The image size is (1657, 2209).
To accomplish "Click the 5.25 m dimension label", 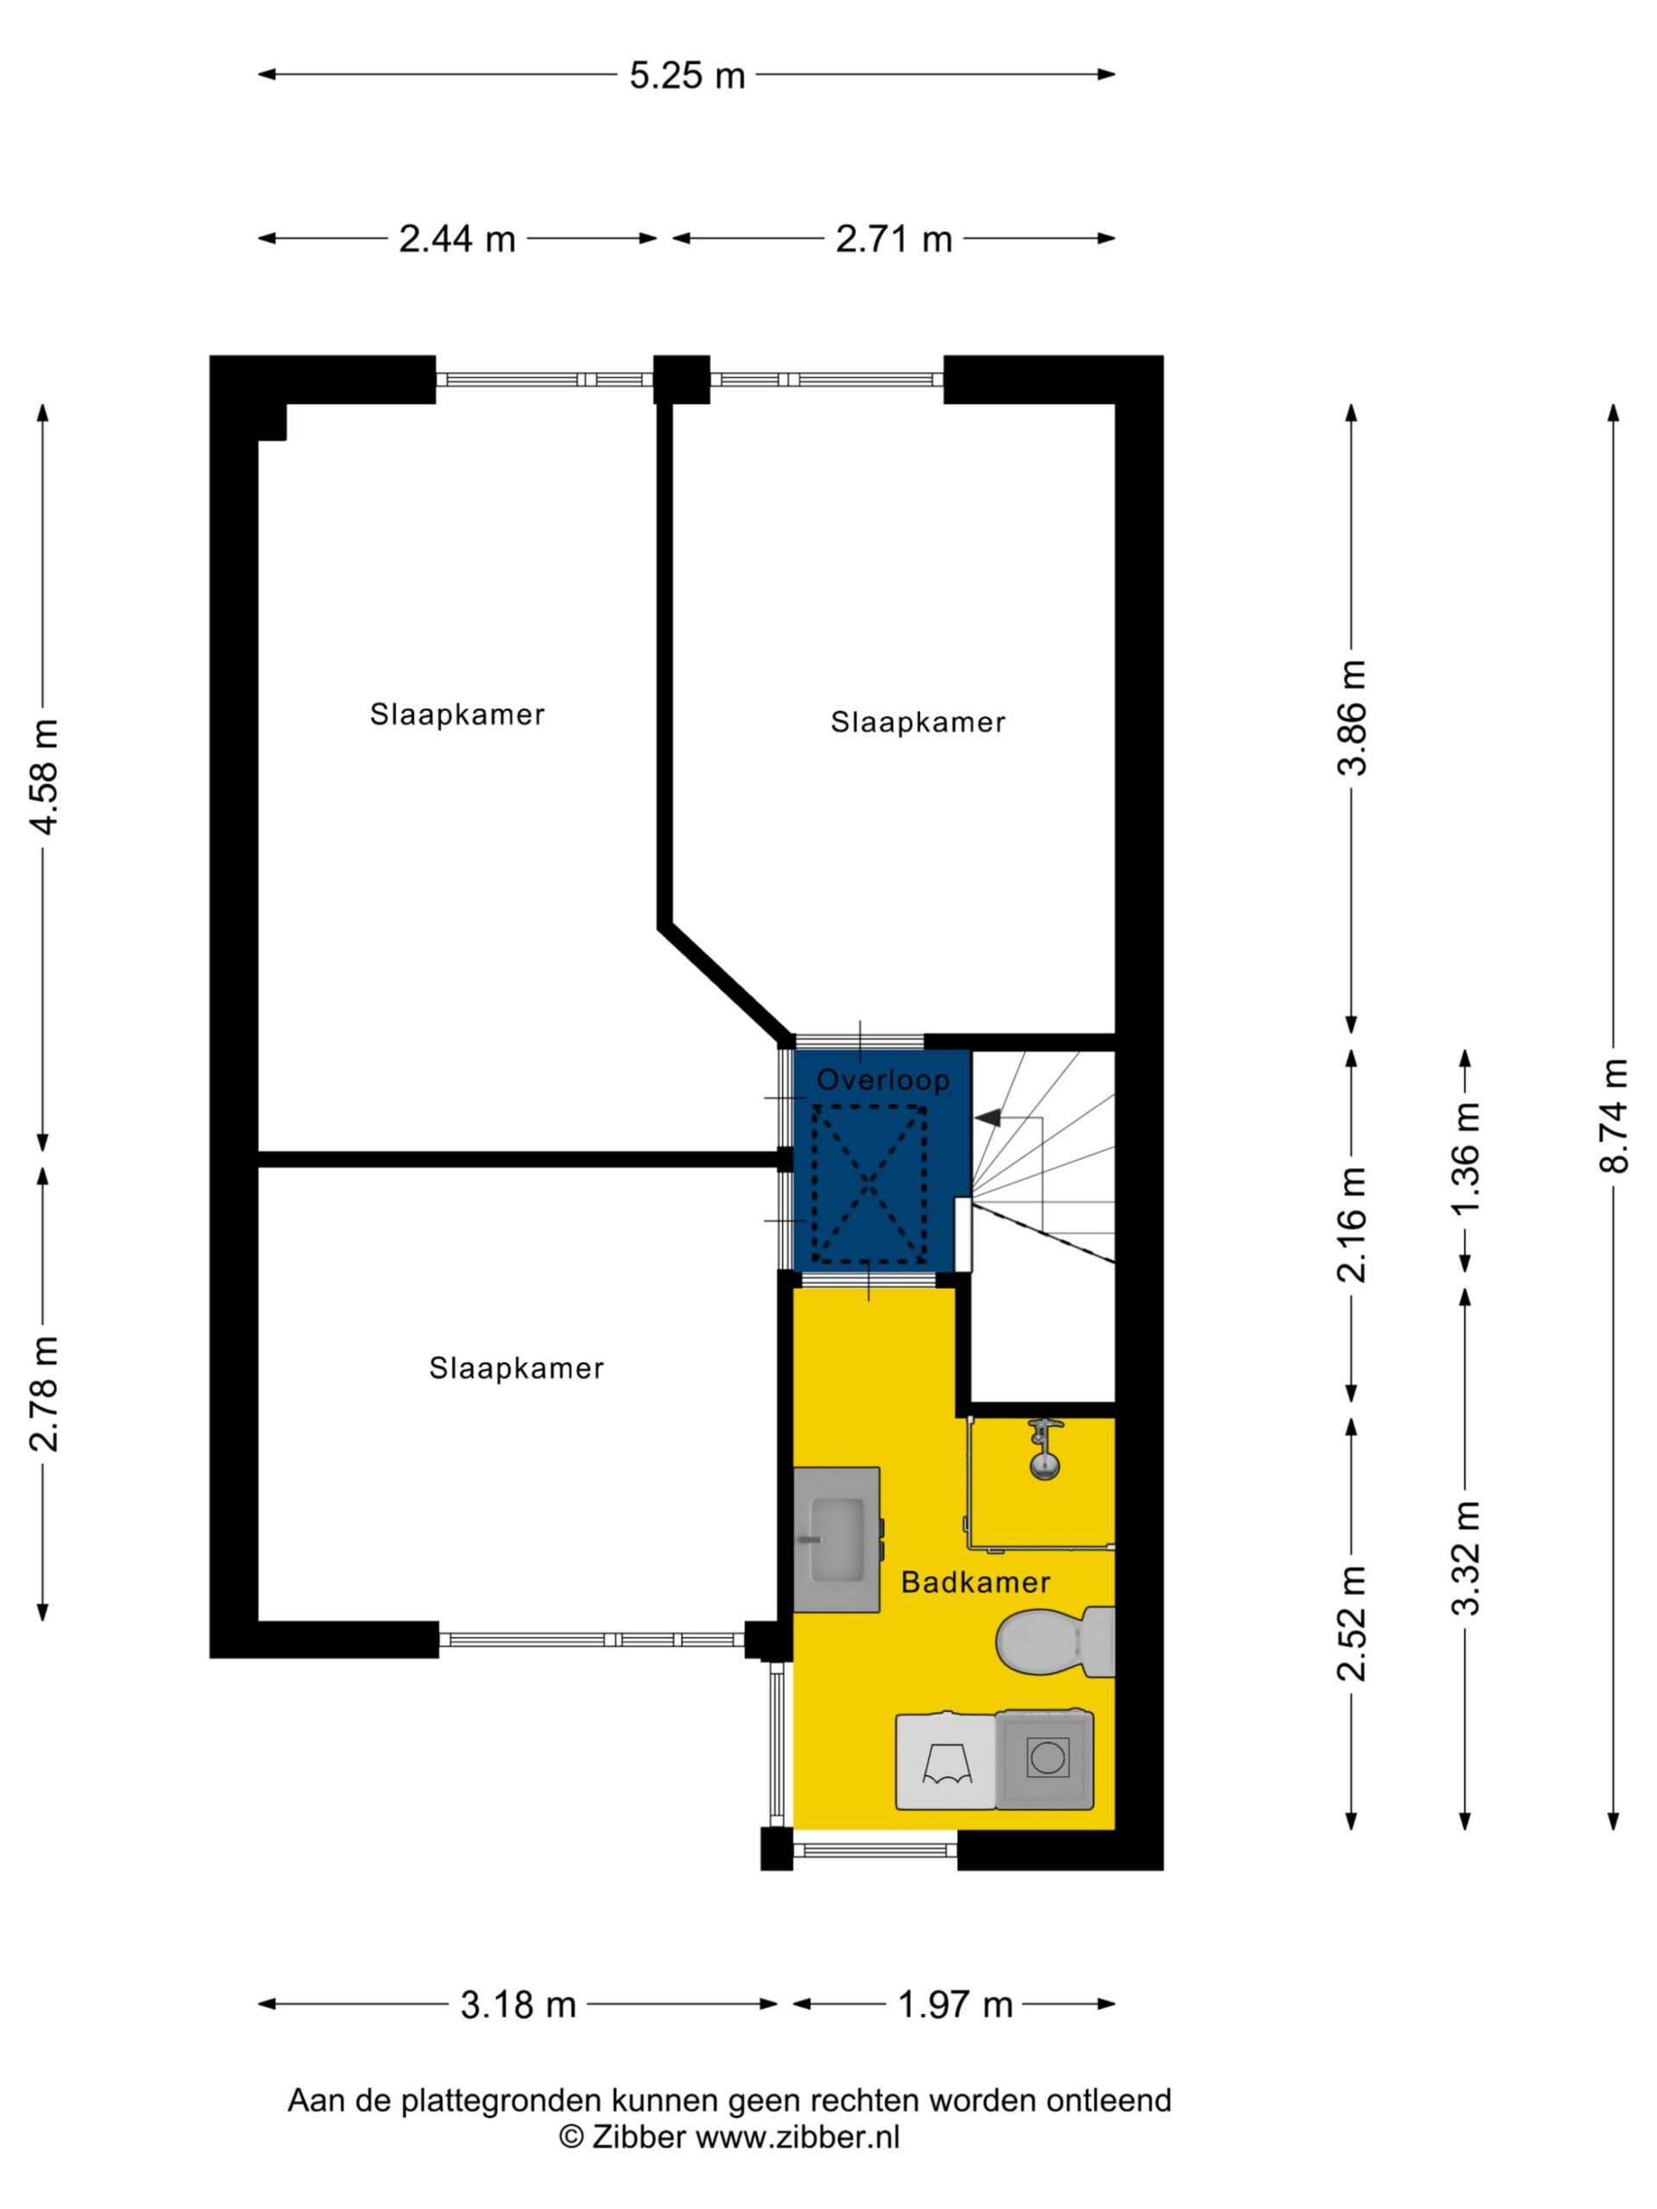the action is coord(686,75).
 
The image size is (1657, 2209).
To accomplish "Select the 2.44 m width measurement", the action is coord(457,239).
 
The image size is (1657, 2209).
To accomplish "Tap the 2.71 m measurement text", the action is coord(893,239).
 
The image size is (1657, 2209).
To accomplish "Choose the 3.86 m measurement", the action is coord(1352,718).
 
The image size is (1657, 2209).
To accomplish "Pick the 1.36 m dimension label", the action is coord(1465,1158).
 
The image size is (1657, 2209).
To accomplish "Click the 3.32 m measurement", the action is coord(1465,1559).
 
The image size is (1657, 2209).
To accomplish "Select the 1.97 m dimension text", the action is coord(955,2004).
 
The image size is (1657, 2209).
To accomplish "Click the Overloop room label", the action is coord(883,1080).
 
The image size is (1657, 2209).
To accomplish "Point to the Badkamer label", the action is coord(975,1582).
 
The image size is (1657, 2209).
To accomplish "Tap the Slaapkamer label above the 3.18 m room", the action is coord(516,1369).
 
